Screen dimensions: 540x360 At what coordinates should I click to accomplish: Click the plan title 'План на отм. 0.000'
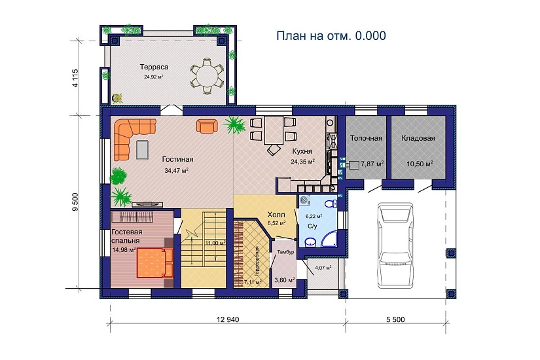pos(331,35)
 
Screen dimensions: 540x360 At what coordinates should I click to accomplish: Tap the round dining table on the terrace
pos(207,76)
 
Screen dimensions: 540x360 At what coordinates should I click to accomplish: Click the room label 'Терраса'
pos(154,67)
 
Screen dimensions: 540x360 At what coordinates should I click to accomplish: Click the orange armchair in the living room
pos(207,126)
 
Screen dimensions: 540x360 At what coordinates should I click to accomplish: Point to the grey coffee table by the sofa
pos(142,150)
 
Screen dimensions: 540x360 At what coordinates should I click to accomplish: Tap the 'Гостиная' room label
pos(177,159)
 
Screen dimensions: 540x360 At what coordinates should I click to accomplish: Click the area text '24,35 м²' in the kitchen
pos(303,161)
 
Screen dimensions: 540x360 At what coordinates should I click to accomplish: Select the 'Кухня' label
pos(302,151)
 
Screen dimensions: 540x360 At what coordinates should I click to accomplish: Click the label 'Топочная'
pos(366,138)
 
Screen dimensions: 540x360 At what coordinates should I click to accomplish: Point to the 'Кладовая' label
pos(418,138)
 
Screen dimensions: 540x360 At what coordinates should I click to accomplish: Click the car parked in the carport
pos(395,245)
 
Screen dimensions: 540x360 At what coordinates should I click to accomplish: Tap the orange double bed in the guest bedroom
pos(155,263)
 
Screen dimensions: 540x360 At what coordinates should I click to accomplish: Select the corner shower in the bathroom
pos(329,239)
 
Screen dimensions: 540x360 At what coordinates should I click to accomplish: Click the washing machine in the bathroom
pos(304,200)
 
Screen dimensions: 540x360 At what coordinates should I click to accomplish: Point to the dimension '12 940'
pos(228,319)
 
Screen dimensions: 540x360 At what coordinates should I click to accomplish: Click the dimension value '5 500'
pos(395,319)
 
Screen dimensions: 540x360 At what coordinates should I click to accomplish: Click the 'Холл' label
pos(276,215)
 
